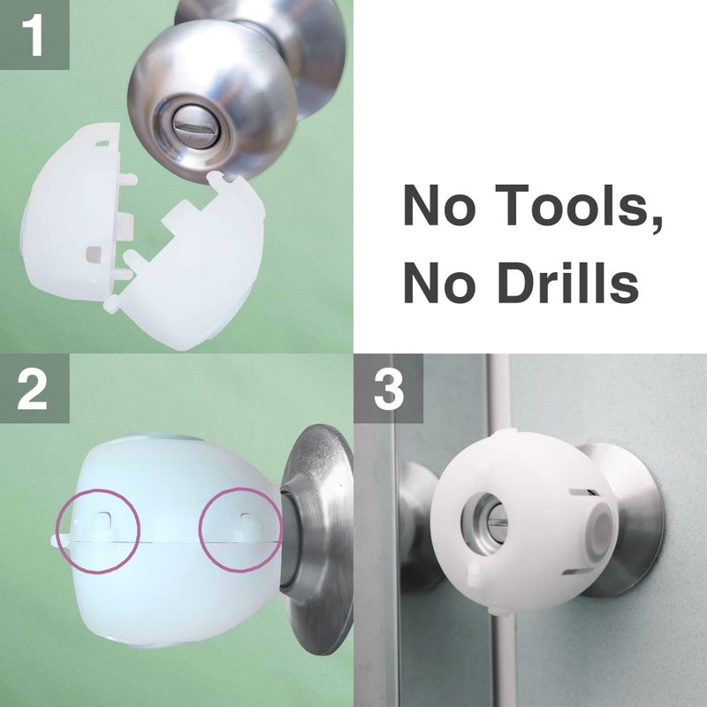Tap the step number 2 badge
pos(34,389)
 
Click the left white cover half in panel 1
pos(75,221)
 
